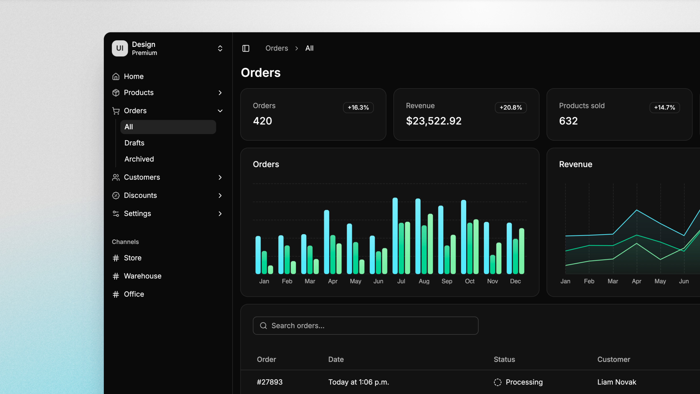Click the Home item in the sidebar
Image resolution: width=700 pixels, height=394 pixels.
click(133, 76)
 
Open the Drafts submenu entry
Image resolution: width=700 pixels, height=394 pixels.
click(134, 143)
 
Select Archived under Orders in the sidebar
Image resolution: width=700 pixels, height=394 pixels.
click(139, 159)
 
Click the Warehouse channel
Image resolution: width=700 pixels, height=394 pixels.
click(142, 276)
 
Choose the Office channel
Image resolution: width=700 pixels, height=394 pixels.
click(134, 294)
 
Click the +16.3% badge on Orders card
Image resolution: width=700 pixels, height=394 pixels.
click(358, 107)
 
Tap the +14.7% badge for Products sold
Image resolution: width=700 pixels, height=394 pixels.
click(664, 107)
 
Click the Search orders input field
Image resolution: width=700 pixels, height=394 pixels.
click(366, 326)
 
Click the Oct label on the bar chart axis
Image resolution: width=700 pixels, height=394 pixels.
click(470, 281)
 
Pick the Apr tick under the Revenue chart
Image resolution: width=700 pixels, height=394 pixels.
click(636, 281)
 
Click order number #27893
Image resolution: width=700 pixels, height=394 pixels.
click(270, 382)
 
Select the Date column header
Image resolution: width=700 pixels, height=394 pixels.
click(336, 359)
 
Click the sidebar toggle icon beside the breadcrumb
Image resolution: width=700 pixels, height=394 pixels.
click(246, 48)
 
